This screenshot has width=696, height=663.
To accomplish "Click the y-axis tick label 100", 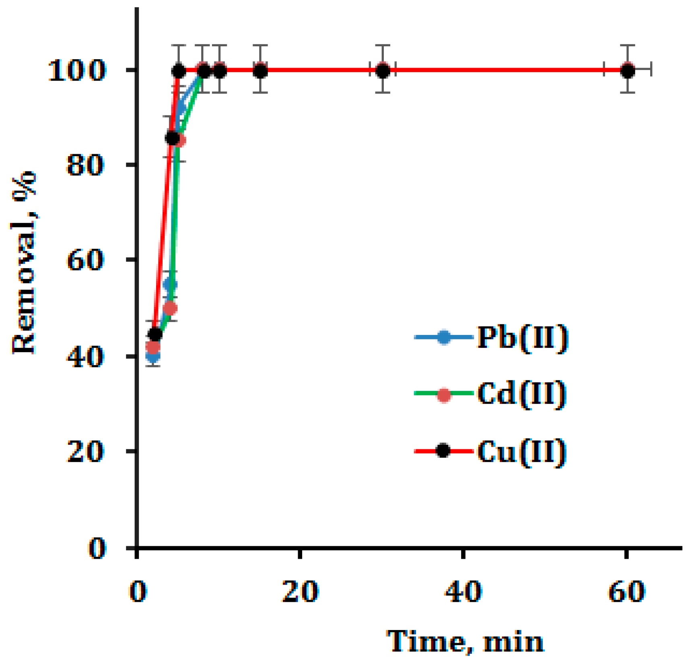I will tap(76, 71).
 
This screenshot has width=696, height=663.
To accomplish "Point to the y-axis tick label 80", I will tap(84, 165).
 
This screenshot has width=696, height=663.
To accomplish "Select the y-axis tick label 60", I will tap(84, 260).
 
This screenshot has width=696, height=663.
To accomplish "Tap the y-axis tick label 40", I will tap(84, 357).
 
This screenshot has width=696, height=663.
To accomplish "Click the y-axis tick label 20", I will tap(84, 452).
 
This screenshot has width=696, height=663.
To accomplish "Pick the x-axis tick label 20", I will tap(300, 592).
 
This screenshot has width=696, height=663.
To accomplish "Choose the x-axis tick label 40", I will tap(463, 592).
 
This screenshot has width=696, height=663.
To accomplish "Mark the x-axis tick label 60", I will tap(626, 592).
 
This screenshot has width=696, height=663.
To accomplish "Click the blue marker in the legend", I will tap(444, 337).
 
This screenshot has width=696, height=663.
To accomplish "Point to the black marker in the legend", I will tap(443, 451).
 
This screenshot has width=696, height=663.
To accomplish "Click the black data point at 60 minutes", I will tap(627, 71).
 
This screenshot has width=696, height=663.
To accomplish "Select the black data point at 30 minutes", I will tap(383, 71).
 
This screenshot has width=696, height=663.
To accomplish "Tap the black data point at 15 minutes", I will tap(261, 71).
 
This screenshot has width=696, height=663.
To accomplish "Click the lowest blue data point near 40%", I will tap(153, 356).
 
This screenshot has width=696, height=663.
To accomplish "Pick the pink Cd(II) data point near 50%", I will tap(171, 309).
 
